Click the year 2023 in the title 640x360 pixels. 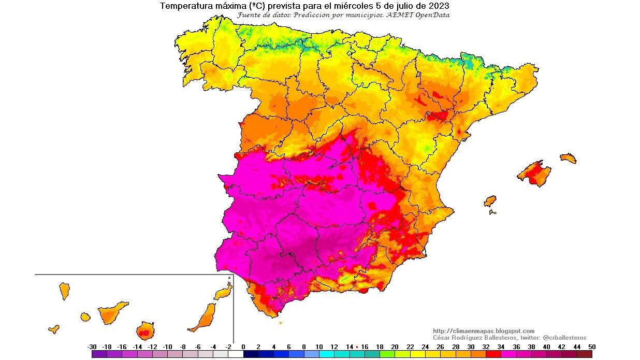coord(438,6)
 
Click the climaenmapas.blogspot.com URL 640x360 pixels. coord(484,331)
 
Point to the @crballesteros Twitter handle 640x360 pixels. coord(564,338)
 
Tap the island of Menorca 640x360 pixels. coord(568,158)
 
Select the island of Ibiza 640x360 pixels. coord(490,201)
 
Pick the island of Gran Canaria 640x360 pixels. coord(146,330)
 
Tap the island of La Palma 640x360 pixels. coord(64,290)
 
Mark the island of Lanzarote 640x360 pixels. coord(223,293)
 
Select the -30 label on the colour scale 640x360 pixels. coord(92,347)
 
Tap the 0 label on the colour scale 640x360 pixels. coord(243,347)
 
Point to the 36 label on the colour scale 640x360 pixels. coord(516,347)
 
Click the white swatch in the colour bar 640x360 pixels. coord(235,354)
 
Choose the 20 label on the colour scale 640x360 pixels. coord(395,347)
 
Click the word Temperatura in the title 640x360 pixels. coord(183,6)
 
